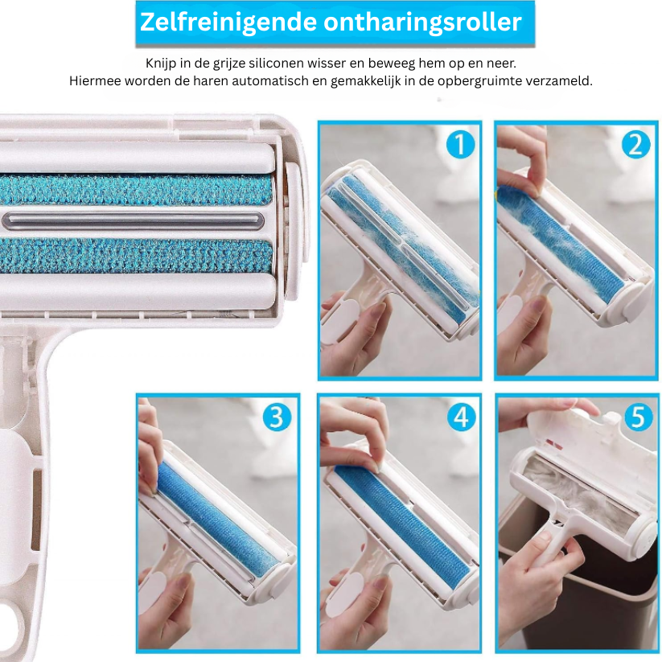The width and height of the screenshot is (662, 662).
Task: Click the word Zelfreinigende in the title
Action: [228, 22]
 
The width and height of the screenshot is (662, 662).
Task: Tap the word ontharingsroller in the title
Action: [422, 22]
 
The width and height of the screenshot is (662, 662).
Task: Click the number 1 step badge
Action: [460, 145]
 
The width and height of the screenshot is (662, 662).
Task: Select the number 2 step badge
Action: [636, 145]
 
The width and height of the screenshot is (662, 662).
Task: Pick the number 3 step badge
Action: [277, 417]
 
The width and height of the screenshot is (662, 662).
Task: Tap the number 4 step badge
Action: [461, 417]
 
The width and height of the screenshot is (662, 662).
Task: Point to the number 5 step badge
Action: [639, 417]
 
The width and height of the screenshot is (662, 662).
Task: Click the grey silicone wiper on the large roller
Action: [133, 220]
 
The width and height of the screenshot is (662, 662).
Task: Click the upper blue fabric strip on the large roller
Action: [136, 189]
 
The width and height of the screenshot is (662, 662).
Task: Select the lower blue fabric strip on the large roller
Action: [136, 255]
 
